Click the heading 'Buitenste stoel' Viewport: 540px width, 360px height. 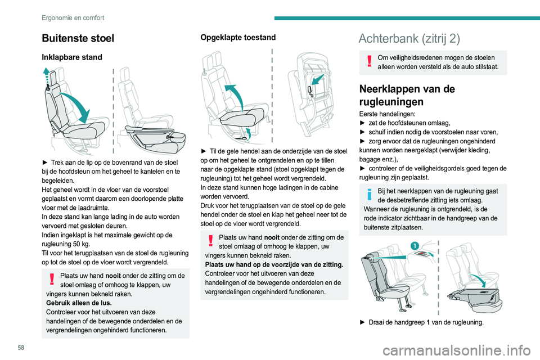coord(78,38)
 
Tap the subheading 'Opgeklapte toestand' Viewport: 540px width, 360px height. coord(238,38)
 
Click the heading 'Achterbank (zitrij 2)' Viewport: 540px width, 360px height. coord(409,38)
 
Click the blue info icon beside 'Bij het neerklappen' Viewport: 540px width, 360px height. coord(369,195)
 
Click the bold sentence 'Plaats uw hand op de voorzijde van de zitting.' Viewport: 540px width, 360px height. coord(273,264)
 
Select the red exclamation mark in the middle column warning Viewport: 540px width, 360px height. coord(210,241)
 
